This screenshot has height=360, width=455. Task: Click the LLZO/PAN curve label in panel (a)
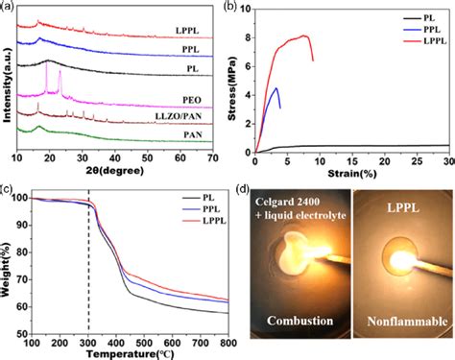[179, 116]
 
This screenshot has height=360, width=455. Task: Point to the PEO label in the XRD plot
[192, 100]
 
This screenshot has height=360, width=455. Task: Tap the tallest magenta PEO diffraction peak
[47, 62]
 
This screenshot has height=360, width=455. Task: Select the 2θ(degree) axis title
[115, 171]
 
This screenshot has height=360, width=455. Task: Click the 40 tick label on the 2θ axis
[115, 158]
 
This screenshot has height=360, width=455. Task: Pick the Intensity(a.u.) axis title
[7, 85]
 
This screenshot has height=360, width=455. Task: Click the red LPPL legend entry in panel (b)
[425, 41]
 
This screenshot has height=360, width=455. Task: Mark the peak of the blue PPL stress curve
[276, 87]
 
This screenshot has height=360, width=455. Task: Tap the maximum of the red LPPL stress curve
[304, 36]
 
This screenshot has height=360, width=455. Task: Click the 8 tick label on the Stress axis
[248, 38]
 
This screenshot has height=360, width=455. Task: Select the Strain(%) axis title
[352, 174]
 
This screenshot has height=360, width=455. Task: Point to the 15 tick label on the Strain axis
[352, 161]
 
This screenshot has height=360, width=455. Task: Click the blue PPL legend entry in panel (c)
[202, 209]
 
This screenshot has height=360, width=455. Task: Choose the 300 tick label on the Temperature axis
[88, 344]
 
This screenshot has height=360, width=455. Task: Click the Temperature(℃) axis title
[130, 354]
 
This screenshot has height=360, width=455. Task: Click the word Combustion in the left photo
[299, 321]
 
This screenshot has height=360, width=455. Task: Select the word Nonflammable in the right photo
[407, 321]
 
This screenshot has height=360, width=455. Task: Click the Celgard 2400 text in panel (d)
[287, 202]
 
